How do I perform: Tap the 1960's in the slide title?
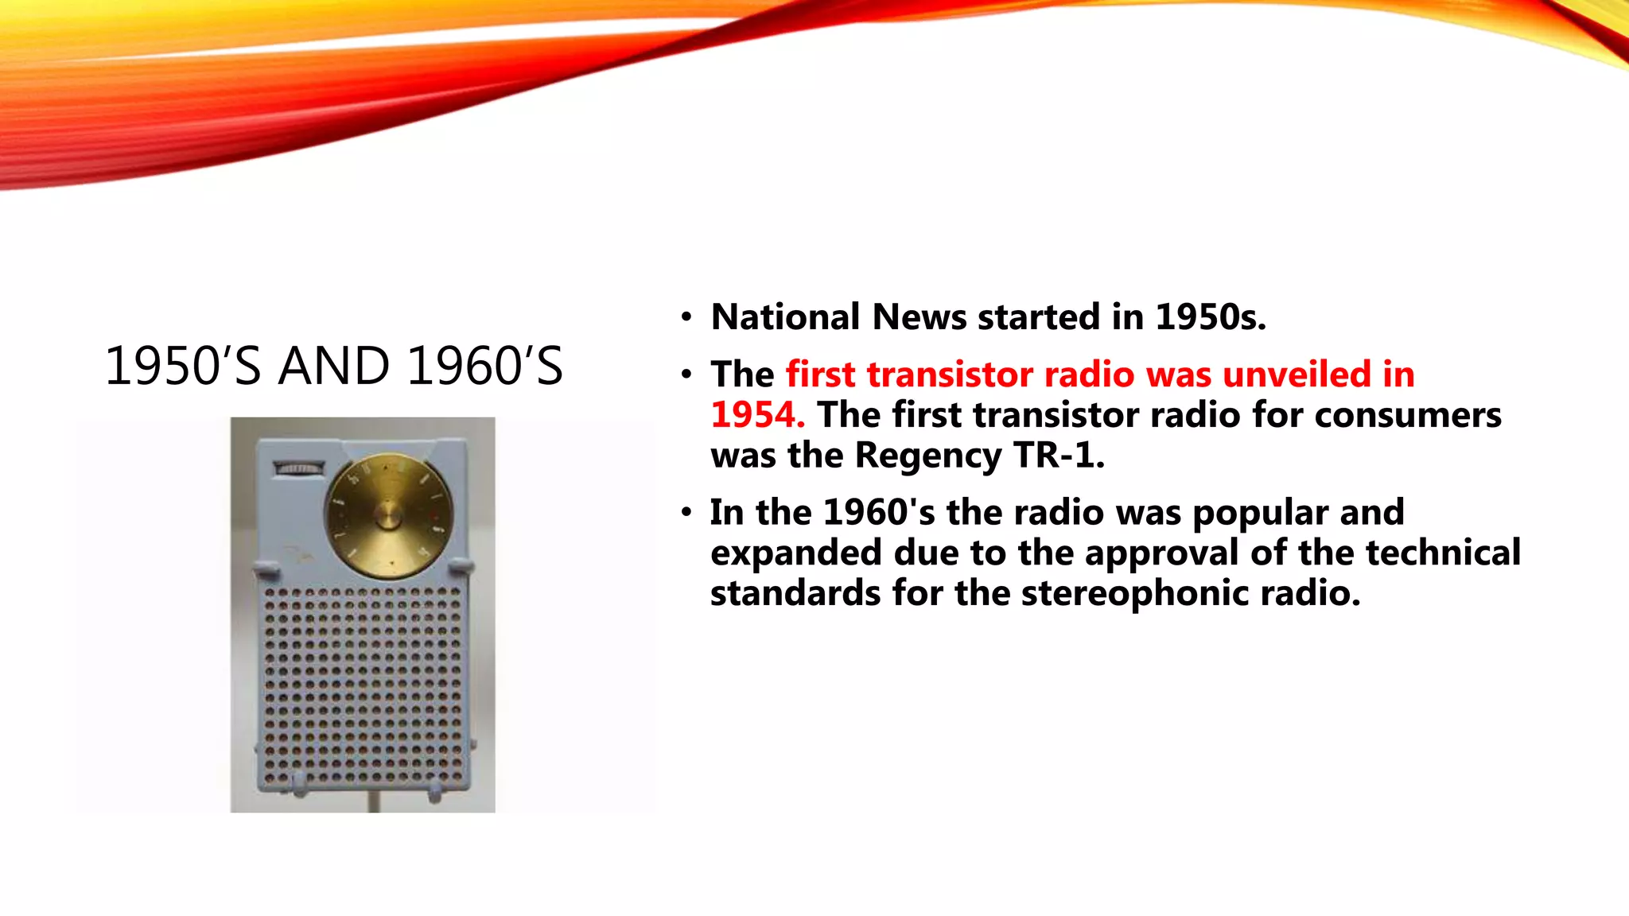(x=484, y=367)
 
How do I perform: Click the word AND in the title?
(x=334, y=367)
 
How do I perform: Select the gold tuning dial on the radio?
(x=388, y=515)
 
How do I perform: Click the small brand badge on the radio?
(x=299, y=468)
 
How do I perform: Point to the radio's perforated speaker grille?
(x=363, y=684)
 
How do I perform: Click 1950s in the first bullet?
(x=1209, y=317)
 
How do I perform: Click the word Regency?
(x=927, y=456)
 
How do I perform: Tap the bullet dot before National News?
(x=686, y=318)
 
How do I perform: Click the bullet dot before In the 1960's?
(x=686, y=513)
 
